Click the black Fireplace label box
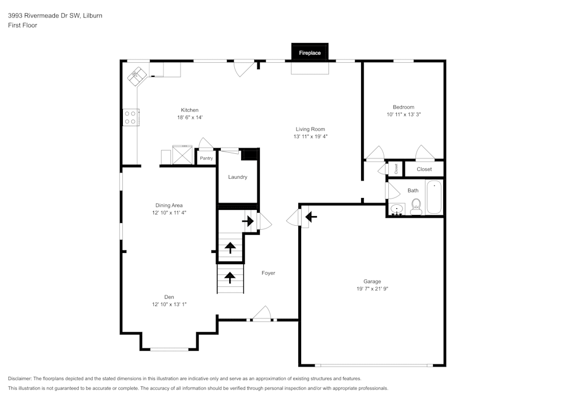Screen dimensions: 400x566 coord(310,53)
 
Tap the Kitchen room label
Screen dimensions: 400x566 coord(190,110)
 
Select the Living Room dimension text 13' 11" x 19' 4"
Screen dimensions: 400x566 coord(310,136)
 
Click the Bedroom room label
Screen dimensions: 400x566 coord(404,107)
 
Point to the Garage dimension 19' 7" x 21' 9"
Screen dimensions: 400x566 coord(372,289)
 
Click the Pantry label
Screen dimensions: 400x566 coord(206,158)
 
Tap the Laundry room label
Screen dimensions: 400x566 coord(238,177)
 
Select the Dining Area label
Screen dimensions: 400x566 coord(169,205)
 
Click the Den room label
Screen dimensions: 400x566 coord(169,297)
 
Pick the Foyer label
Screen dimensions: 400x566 coord(268,273)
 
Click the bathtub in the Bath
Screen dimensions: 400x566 coord(434,197)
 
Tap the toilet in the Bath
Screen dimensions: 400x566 coord(417,206)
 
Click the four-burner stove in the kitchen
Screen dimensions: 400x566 coord(130,117)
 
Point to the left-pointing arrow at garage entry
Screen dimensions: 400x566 coord(311,216)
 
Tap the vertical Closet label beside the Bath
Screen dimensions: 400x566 coord(396,168)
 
